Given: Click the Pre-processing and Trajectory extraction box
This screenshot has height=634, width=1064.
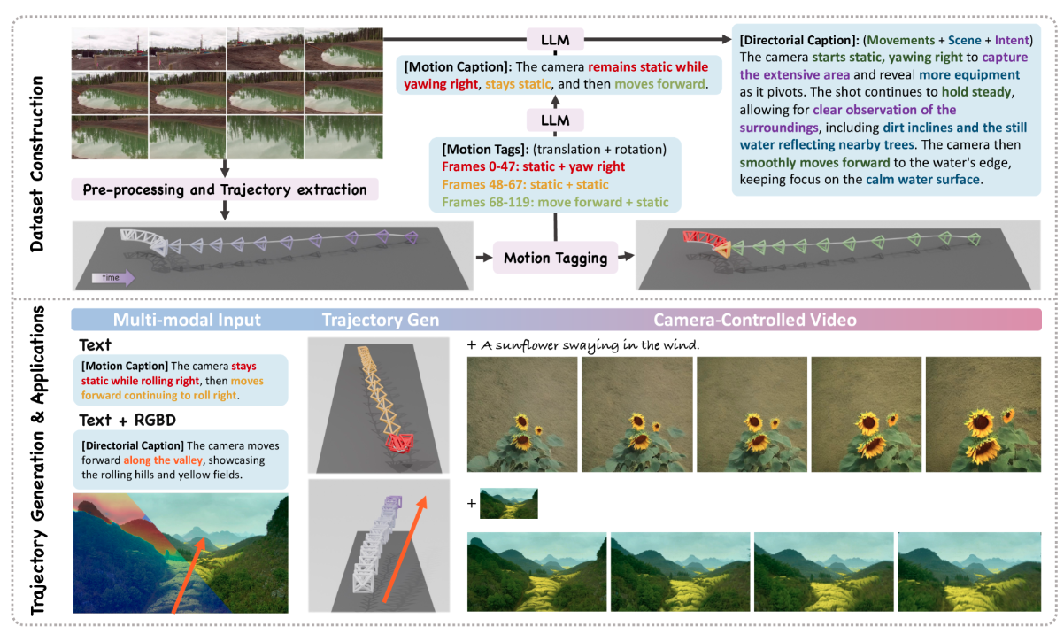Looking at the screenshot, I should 226,189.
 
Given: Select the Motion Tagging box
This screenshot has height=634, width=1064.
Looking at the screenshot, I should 555,259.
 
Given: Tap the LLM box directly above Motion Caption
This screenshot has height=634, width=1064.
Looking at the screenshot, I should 555,39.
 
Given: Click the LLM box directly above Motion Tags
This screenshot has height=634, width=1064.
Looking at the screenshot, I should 555,119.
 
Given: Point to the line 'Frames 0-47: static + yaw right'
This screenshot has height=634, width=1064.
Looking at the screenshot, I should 528,166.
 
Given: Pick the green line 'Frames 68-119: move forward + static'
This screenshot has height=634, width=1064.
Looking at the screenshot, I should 543,203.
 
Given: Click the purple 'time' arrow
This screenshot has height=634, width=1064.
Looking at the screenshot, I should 112,278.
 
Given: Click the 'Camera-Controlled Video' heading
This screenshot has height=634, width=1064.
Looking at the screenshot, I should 754,320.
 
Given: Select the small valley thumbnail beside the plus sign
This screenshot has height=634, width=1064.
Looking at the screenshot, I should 508,503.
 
